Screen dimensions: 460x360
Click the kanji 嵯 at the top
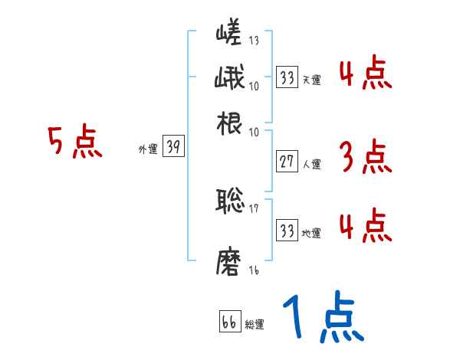coord(229,35)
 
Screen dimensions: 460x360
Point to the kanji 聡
coord(229,201)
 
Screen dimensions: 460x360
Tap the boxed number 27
coord(286,162)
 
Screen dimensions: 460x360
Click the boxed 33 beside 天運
coord(287,77)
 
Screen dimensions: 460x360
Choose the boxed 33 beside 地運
coord(287,230)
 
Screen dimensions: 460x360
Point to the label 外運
coord(148,150)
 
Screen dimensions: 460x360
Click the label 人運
coord(311,164)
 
